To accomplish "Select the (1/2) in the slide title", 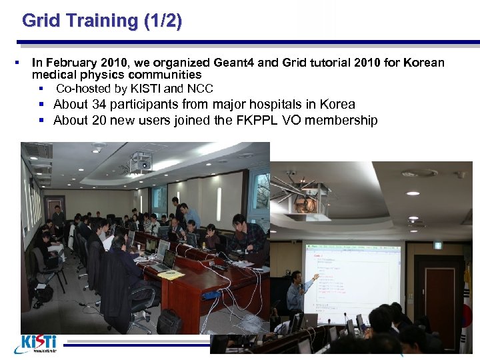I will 162,21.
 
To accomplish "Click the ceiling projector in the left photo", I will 140,162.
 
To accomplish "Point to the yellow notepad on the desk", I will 171,274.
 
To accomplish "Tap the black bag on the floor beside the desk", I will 169,323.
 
